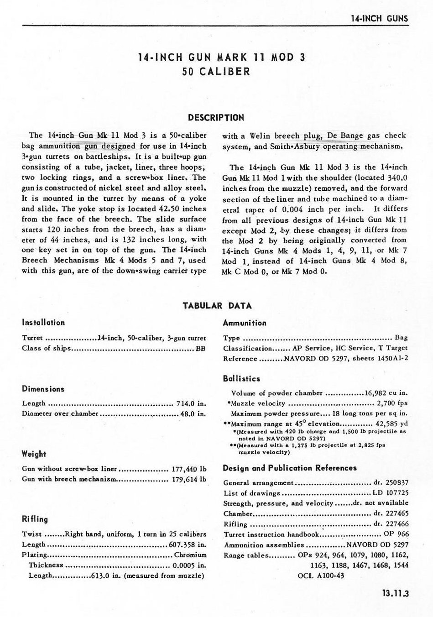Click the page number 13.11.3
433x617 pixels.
[395, 594]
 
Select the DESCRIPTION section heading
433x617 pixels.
[216, 118]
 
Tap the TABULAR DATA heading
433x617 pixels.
[217, 305]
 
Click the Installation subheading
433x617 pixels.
[43, 323]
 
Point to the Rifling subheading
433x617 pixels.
[35, 519]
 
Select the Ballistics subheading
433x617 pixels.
[241, 379]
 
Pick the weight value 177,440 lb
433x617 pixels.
[188, 469]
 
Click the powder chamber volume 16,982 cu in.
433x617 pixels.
[386, 393]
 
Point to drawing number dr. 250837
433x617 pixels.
[391, 483]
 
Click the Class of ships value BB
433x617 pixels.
[201, 349]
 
